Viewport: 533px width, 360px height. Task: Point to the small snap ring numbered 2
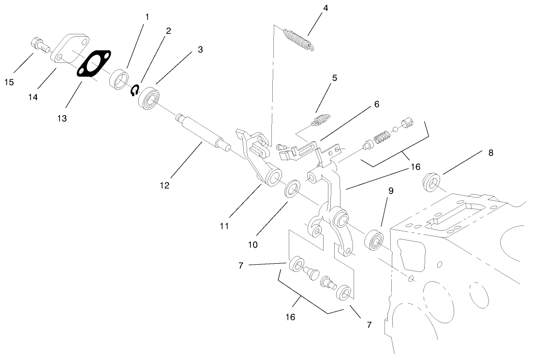[x=135, y=90]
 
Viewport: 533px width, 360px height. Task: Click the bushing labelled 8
[x=431, y=182]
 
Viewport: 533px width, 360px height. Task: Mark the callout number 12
[x=165, y=185]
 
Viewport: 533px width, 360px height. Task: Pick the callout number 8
[x=491, y=152]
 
